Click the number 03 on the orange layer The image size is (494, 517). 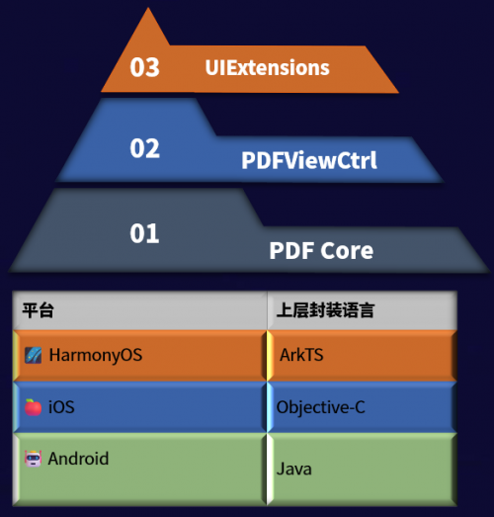point(144,67)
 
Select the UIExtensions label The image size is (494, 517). point(268,68)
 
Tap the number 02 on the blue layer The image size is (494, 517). point(144,148)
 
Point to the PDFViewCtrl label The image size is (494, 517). point(309,160)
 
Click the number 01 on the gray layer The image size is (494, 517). point(144,233)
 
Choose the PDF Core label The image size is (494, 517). point(321,250)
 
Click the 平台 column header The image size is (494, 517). point(38,310)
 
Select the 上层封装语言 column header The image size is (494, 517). point(325,310)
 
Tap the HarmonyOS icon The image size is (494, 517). point(34,356)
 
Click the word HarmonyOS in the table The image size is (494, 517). point(96,355)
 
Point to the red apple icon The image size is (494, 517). point(34,407)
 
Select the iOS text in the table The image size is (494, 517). point(61,407)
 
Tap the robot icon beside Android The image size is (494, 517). point(34,459)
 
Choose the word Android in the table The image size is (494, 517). point(78,459)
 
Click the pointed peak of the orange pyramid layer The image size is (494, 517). point(148,8)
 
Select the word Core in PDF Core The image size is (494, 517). point(347,250)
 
